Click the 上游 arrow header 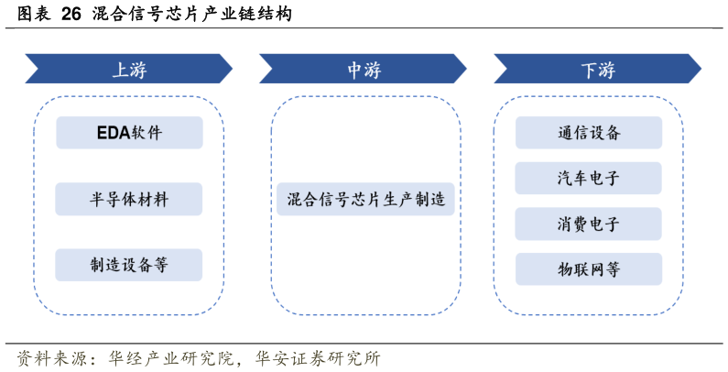[x=129, y=70]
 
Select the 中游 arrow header [x=364, y=70]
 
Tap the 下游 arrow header [x=598, y=70]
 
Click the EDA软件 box [x=129, y=133]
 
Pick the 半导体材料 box [x=129, y=199]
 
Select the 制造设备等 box [x=129, y=265]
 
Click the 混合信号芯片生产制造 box [x=364, y=199]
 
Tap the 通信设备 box [x=589, y=133]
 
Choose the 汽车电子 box [x=589, y=178]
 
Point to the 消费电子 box [x=589, y=224]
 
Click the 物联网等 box [x=589, y=269]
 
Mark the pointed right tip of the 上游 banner [x=230, y=70]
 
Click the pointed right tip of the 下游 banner [x=699, y=70]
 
